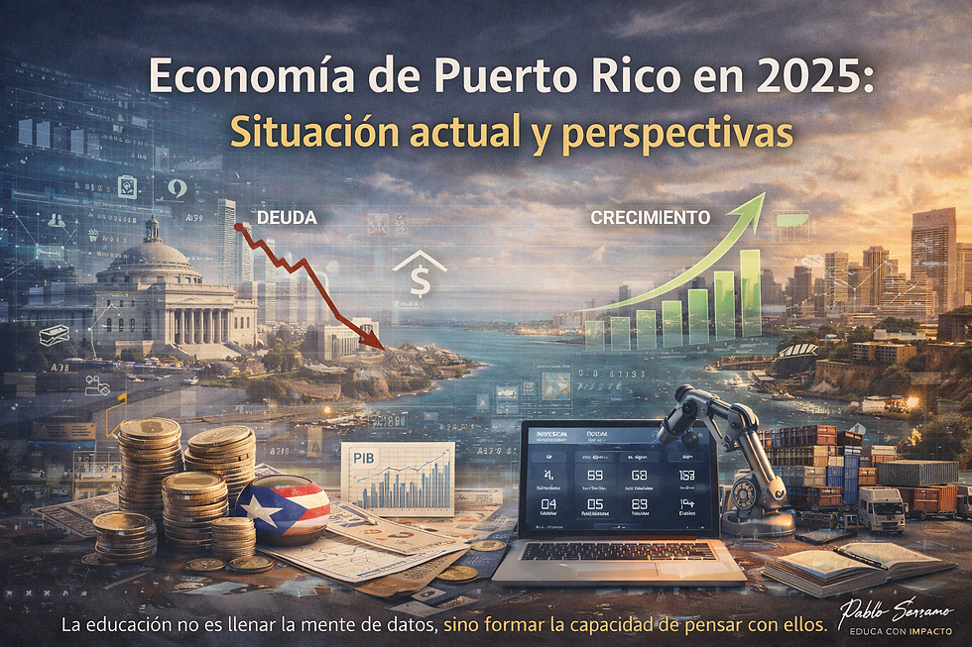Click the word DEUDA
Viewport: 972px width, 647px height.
point(287,216)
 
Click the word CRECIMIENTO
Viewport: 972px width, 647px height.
point(650,216)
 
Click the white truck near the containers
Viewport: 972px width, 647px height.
point(881,508)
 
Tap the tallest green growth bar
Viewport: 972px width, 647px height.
point(750,292)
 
